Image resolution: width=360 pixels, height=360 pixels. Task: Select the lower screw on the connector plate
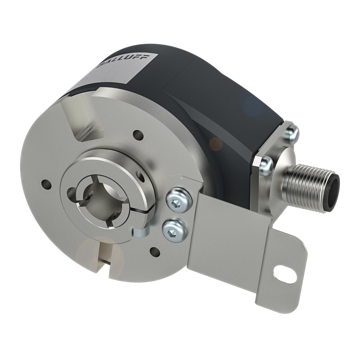click(x=265, y=165)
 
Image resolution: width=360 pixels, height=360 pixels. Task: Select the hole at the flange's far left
click(x=45, y=182)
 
